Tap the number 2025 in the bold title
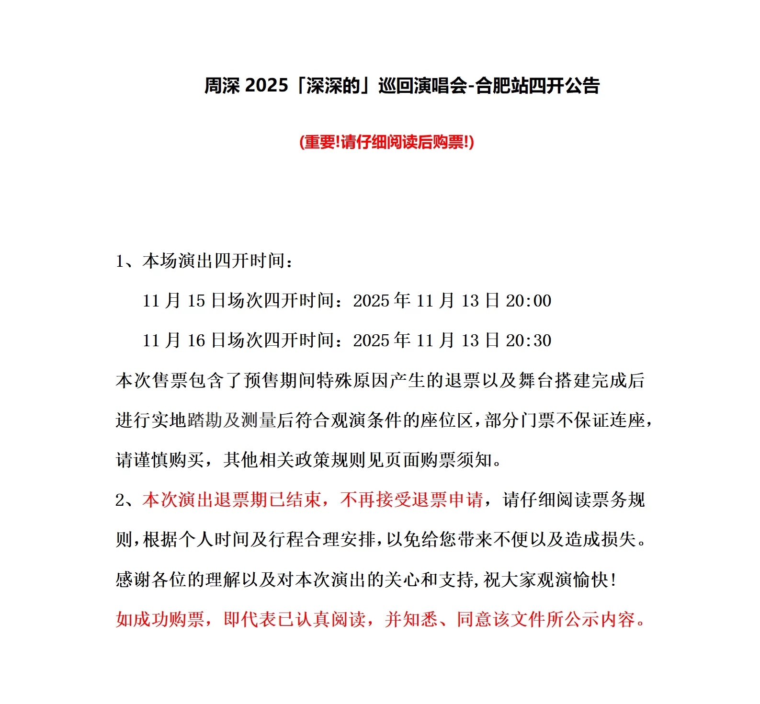266,86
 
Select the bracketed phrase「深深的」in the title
333,86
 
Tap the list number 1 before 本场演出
120,261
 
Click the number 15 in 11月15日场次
196,301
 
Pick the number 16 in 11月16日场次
196,341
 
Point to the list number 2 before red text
120,500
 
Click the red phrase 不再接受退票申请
411,500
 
